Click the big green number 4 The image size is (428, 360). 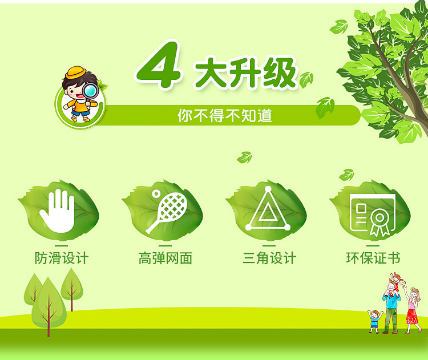[x=158, y=66]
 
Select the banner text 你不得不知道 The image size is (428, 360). [x=225, y=115]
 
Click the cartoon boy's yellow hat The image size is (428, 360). [x=75, y=72]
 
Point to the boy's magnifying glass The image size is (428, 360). [x=90, y=92]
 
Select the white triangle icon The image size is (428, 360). [x=268, y=209]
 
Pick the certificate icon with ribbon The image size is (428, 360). [x=373, y=215]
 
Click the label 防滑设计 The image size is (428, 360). [x=62, y=258]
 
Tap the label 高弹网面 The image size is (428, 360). [x=165, y=258]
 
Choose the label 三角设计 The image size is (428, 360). [x=269, y=258]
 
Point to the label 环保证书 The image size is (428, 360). [x=373, y=258]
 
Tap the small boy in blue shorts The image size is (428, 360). [x=375, y=321]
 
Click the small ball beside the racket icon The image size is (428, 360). [x=156, y=193]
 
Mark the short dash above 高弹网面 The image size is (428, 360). [x=165, y=245]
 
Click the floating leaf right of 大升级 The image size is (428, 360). [x=306, y=80]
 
